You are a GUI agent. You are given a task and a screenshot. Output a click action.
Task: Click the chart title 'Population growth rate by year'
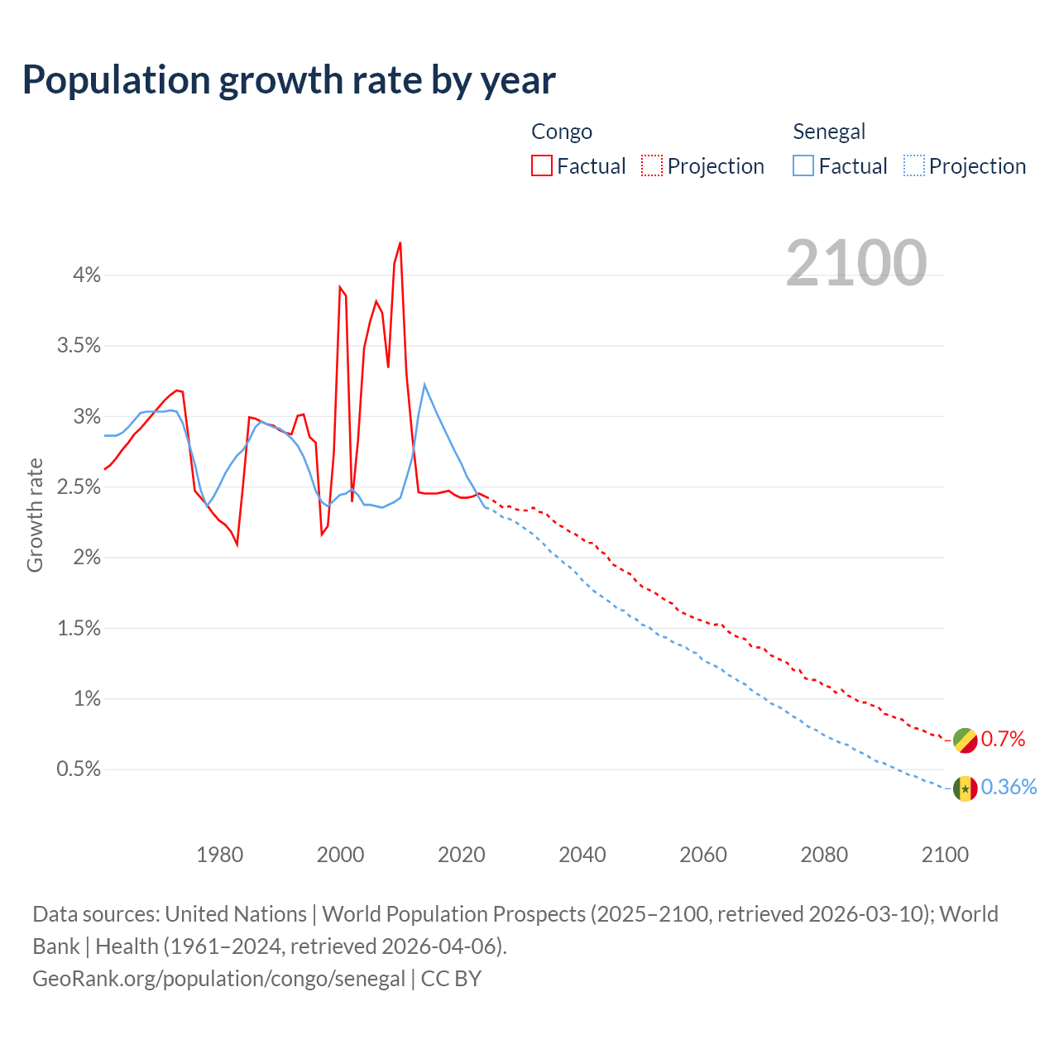[x=289, y=80]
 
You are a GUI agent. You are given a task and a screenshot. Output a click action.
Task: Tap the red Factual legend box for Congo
[x=542, y=165]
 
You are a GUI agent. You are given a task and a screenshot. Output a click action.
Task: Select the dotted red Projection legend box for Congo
[x=652, y=165]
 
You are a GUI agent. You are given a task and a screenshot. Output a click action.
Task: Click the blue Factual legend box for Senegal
[x=803, y=165]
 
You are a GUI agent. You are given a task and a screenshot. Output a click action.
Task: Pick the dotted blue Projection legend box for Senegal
[x=913, y=165]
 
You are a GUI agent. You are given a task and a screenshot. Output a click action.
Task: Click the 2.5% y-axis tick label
[x=79, y=486]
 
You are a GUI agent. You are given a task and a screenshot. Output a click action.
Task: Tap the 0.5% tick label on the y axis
[x=79, y=769]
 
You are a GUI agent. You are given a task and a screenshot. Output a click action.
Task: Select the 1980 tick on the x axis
[x=219, y=855]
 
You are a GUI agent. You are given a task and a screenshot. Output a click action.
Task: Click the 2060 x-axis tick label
[x=703, y=855]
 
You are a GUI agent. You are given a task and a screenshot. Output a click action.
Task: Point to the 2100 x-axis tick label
[x=945, y=855]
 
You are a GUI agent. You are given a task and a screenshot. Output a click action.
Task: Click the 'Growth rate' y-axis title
[x=35, y=515]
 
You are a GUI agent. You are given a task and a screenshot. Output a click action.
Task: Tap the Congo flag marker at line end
[x=966, y=740]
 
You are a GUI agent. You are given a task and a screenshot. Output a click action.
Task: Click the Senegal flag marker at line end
[x=966, y=788]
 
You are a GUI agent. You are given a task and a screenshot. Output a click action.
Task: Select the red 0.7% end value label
[x=1003, y=739]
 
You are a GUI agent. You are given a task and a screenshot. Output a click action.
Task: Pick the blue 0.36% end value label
[x=1009, y=787]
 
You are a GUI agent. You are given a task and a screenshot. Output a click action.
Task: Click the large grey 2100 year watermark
[x=856, y=263]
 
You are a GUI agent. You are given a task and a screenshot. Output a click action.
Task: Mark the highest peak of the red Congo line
[x=400, y=243]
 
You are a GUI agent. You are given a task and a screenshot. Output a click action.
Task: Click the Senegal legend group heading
[x=829, y=132]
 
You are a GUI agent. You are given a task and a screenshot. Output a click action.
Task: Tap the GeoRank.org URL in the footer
[x=219, y=978]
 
